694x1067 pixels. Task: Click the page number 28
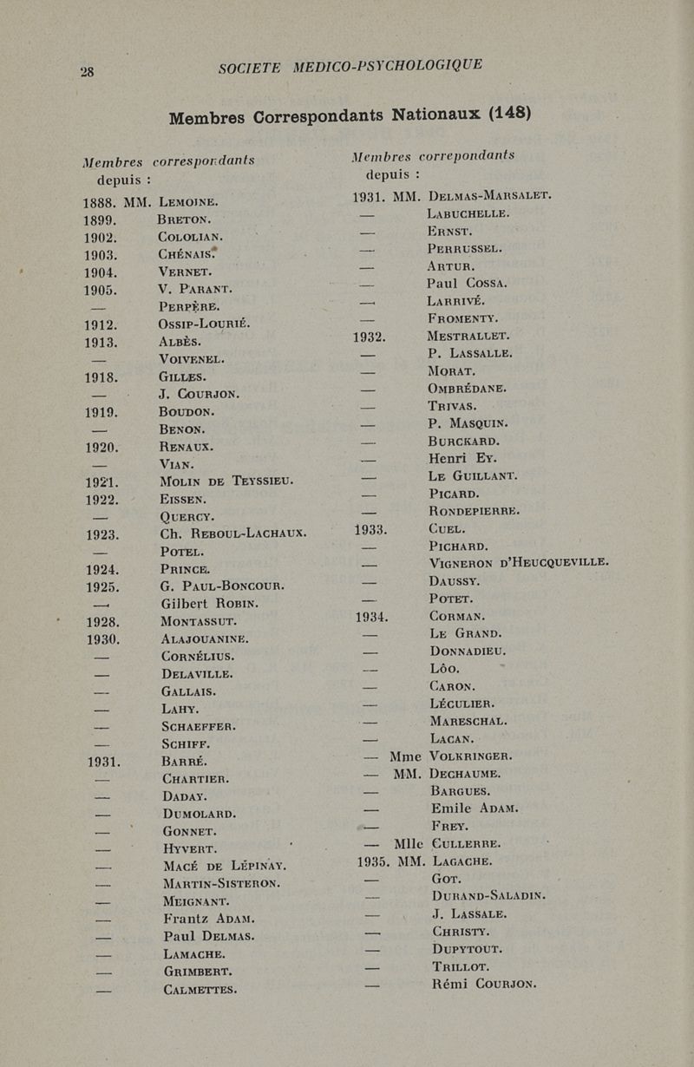click(x=88, y=71)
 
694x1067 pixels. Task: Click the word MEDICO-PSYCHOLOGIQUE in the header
click(x=387, y=66)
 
